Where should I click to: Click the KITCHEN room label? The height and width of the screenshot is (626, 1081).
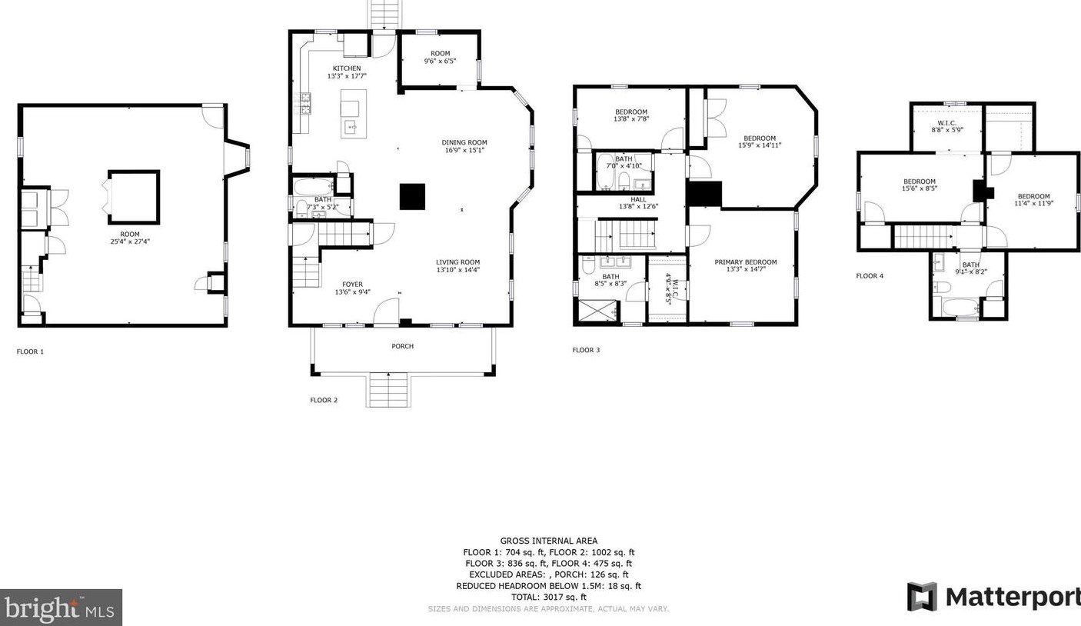(346, 68)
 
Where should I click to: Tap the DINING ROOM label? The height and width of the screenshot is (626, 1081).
(464, 142)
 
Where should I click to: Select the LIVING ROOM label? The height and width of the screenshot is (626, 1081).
(457, 262)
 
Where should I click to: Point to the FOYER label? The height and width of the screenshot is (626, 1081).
(352, 285)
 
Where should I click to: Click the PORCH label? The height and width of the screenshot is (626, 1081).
(402, 346)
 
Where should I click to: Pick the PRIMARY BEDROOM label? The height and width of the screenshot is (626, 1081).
(745, 262)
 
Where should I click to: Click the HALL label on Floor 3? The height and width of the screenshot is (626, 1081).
(638, 200)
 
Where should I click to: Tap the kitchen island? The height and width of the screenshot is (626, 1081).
(354, 114)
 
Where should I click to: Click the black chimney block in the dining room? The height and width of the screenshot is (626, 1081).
(412, 197)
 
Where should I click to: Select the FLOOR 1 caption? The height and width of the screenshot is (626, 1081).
(31, 351)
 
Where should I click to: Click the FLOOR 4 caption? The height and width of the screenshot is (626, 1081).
(870, 275)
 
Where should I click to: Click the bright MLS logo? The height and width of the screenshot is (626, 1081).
(61, 608)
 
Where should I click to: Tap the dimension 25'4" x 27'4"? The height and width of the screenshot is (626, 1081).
(129, 241)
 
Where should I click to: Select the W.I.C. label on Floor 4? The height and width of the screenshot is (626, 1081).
(946, 123)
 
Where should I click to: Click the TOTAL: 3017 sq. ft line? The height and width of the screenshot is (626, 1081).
(548, 597)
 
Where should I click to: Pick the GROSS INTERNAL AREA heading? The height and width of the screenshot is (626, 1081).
(548, 541)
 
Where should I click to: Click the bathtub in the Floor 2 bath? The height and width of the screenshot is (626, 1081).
(312, 186)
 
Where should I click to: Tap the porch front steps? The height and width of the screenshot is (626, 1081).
(388, 390)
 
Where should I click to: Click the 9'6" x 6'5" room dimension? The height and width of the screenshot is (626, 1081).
(440, 61)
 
